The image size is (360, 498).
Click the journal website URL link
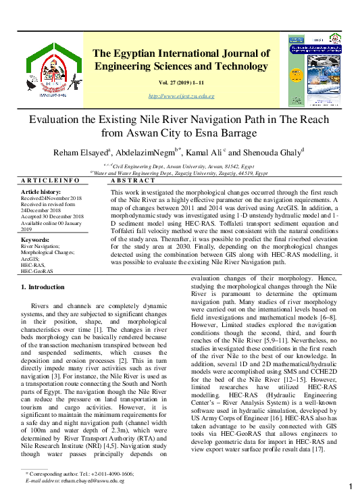[x=181, y=96]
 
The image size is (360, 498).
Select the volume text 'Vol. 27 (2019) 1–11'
[x=181, y=82]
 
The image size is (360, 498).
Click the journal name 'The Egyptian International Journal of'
[x=181, y=53]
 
